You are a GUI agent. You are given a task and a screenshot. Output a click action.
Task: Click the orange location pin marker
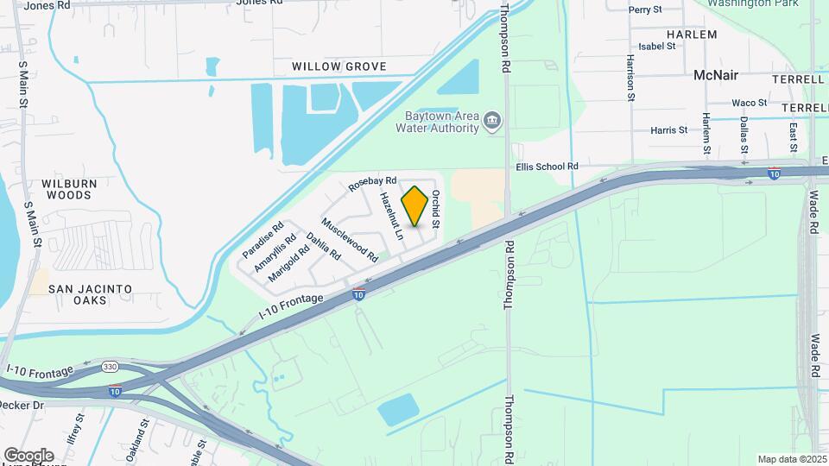coord(415,206)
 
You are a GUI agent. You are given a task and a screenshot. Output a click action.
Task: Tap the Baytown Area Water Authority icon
coord(492,119)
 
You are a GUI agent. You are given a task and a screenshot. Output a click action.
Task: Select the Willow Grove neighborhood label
coord(339,66)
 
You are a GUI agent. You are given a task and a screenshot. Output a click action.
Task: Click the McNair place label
coord(716,75)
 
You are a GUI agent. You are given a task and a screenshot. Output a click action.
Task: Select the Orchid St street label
coord(436,209)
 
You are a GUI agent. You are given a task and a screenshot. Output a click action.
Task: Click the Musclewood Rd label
coord(350,239)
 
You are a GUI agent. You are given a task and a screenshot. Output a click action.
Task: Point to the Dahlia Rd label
coord(323,247)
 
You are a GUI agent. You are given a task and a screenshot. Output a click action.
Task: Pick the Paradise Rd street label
coord(263,241)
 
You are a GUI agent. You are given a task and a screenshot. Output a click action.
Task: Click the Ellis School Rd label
coord(546,167)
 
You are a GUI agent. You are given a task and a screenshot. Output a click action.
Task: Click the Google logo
coord(28,455)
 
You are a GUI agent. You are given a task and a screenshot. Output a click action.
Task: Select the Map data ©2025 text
coord(790,459)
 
